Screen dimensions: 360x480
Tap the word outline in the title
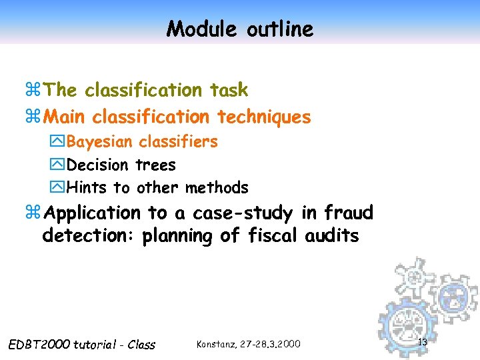[279, 29]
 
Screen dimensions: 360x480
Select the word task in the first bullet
[229, 90]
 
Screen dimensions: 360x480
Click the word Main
[65, 117]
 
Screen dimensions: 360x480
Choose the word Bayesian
[100, 142]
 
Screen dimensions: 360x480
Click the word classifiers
[178, 142]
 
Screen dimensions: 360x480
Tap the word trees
[155, 165]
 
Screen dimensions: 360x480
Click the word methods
[217, 188]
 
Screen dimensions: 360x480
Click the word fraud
[349, 213]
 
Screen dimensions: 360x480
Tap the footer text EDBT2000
[39, 345]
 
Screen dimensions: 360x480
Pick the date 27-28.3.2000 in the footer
[270, 344]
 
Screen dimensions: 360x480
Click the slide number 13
[421, 342]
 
